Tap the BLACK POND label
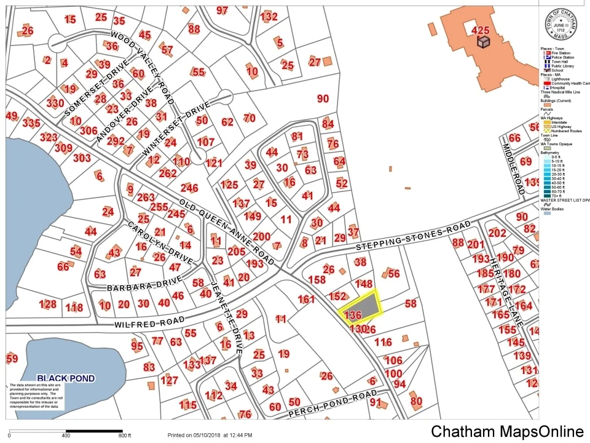(x=66, y=378)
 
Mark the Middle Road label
(x=512, y=169)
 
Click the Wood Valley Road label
(x=141, y=66)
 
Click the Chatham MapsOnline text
(x=506, y=431)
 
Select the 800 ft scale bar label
(x=125, y=436)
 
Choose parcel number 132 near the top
(x=269, y=17)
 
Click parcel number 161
(x=306, y=300)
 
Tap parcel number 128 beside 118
(x=47, y=305)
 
